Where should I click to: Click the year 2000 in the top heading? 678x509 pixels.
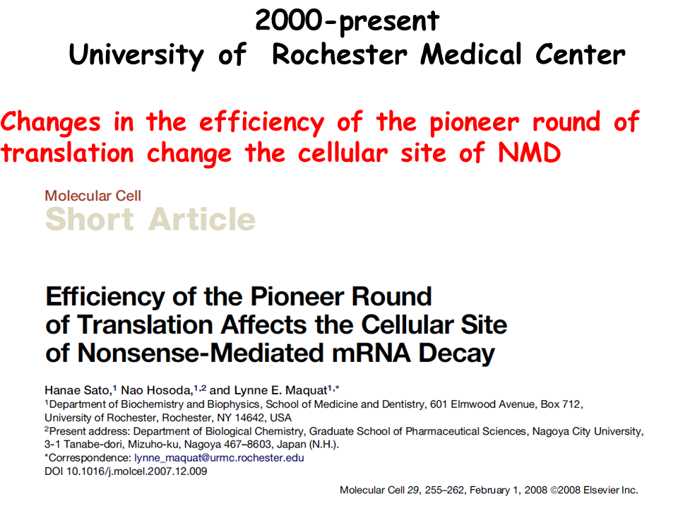pos(289,21)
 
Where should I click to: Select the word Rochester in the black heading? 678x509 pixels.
pos(340,54)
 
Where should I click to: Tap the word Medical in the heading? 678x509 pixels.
pos(471,54)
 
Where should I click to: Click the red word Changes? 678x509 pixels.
pos(51,123)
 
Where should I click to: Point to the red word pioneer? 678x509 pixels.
pos(474,123)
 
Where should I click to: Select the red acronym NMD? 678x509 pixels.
pos(529,153)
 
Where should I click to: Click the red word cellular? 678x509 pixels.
pos(343,153)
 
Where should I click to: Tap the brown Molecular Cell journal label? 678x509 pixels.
pos(93,196)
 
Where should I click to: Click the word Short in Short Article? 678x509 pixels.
pos(90,219)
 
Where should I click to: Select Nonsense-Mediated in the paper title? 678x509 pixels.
pos(201,353)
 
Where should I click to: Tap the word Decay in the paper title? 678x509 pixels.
pos(457,353)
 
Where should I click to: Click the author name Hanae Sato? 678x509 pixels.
pos(78,390)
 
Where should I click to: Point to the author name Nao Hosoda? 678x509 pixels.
pos(157,390)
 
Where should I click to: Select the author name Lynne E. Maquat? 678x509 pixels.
pos(280,390)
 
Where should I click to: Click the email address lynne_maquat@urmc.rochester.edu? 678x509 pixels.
pos(219,458)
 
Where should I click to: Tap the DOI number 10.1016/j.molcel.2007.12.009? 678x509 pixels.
pos(136,472)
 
